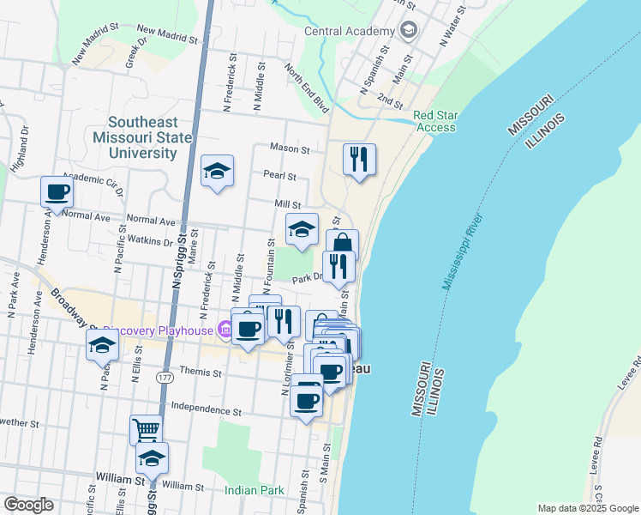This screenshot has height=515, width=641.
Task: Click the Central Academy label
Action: tap(347, 32)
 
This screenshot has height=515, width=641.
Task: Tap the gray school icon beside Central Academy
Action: tap(409, 31)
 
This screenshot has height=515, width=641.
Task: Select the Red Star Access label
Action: tap(435, 121)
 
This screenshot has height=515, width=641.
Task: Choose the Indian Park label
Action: tap(254, 490)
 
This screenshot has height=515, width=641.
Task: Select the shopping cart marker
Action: tap(146, 429)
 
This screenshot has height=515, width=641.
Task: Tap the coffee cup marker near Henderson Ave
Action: tap(57, 191)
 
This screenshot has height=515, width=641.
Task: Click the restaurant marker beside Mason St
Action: tap(359, 159)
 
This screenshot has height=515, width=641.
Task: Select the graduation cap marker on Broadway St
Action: tap(102, 347)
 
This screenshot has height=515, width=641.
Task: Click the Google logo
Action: tap(29, 505)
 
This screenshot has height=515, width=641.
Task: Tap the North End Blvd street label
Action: tap(307, 91)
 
